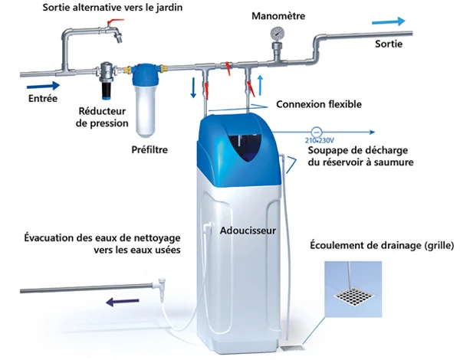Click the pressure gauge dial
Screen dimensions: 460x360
(x=278, y=34)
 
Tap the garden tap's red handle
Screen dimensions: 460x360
(x=116, y=21)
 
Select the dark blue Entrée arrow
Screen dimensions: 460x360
(x=43, y=87)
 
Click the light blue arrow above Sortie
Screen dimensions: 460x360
(x=389, y=21)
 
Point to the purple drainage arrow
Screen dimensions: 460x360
(x=123, y=302)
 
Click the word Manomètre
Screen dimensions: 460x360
(x=278, y=16)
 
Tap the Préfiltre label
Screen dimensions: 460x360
(x=149, y=149)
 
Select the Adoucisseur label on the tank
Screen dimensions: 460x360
(x=248, y=231)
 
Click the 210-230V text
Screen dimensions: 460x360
(x=320, y=140)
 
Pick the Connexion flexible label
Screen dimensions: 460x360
(x=319, y=104)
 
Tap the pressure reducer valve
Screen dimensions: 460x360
(x=107, y=79)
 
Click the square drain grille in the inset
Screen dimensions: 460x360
(x=353, y=296)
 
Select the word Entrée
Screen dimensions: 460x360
(x=43, y=98)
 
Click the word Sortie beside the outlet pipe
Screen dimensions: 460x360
(x=389, y=44)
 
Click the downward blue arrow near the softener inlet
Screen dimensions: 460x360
(x=193, y=87)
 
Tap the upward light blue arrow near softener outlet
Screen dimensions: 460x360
(x=260, y=85)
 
